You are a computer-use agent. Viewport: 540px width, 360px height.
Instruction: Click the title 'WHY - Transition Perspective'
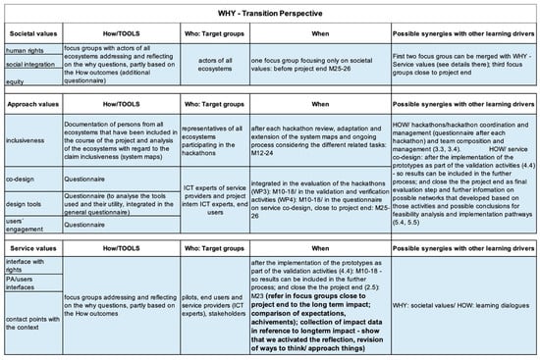[x=270, y=8]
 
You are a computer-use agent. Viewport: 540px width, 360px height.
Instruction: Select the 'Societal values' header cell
[x=28, y=30]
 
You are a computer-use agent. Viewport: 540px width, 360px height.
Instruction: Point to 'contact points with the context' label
[x=29, y=323]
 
